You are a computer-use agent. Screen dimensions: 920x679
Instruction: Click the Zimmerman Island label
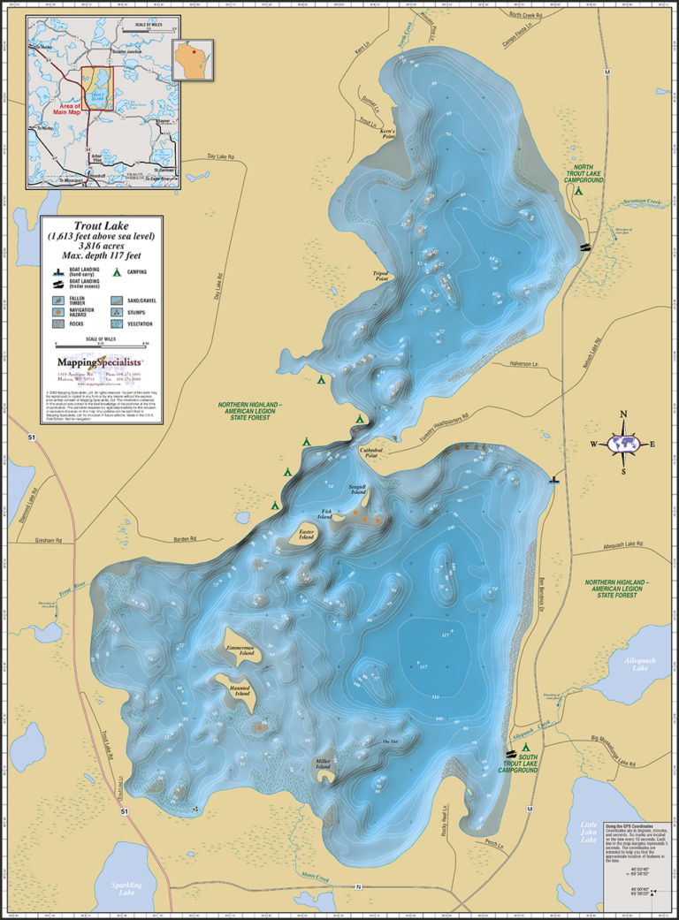(x=240, y=649)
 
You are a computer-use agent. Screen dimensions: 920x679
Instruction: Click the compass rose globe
(x=624, y=444)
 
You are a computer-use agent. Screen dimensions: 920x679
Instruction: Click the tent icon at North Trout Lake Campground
(x=579, y=190)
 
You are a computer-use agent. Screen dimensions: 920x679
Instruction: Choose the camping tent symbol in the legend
(x=117, y=273)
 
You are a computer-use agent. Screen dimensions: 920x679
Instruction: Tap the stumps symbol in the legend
(x=118, y=313)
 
